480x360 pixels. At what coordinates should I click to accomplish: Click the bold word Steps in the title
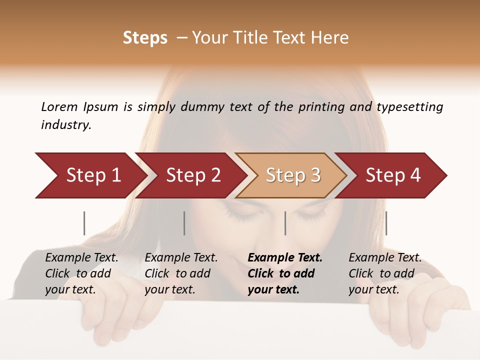[x=145, y=38]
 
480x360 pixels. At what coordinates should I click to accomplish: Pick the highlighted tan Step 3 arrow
[x=293, y=175]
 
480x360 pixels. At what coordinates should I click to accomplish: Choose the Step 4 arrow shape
[x=393, y=175]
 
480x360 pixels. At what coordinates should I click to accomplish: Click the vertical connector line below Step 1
[x=84, y=223]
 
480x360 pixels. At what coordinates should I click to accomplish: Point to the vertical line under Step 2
[x=184, y=223]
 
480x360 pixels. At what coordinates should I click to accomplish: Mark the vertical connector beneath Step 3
[x=285, y=223]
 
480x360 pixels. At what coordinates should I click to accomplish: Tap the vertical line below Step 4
[x=386, y=223]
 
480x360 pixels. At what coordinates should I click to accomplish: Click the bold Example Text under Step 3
[x=285, y=273]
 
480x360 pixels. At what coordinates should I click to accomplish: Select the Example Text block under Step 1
[x=82, y=273]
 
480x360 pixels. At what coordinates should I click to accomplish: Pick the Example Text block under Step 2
[x=181, y=273]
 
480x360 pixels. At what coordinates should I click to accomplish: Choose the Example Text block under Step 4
[x=385, y=273]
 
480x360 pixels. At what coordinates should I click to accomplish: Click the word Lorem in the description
[x=59, y=107]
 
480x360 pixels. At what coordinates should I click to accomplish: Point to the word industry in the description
[x=66, y=125]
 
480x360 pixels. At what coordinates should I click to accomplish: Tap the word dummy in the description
[x=202, y=107]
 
